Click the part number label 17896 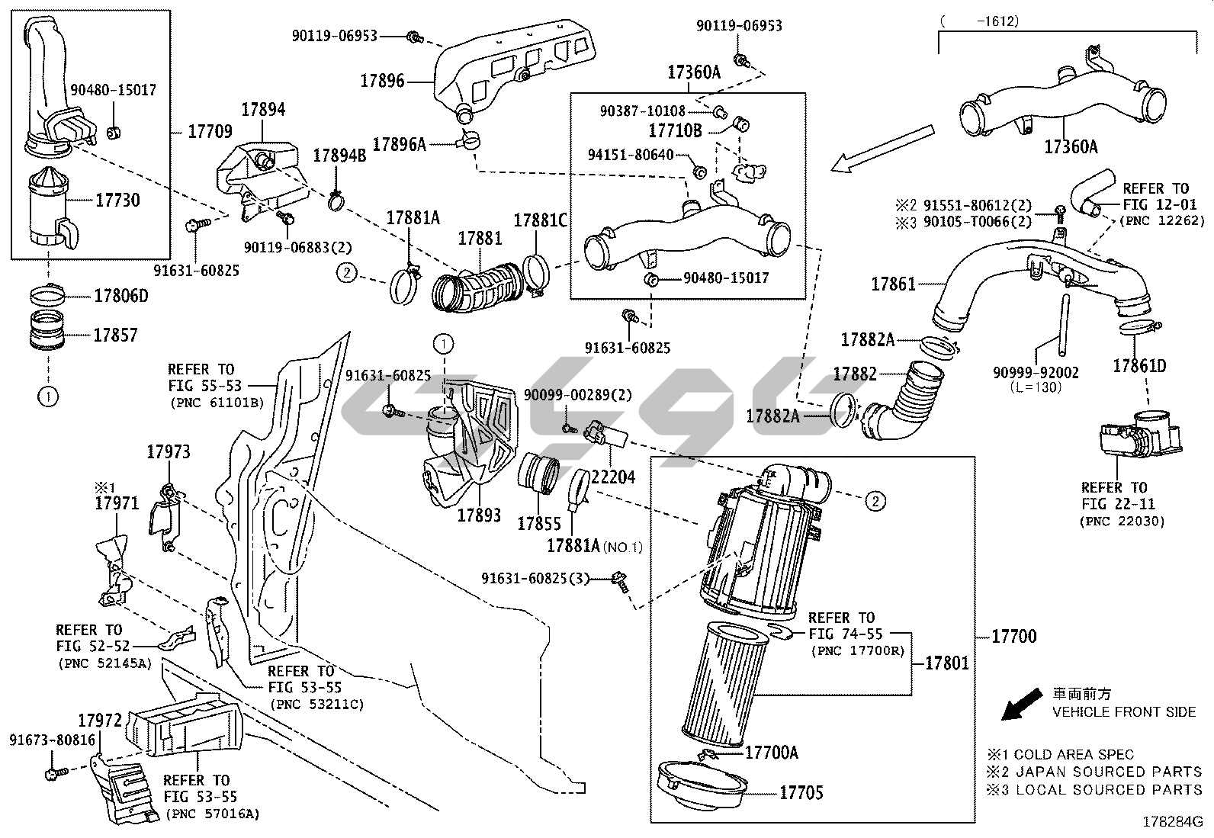click(x=383, y=81)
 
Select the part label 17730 click(x=117, y=201)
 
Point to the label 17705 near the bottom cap click(x=801, y=793)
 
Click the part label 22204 click(x=613, y=477)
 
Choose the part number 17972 click(x=100, y=721)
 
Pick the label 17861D click(x=1139, y=366)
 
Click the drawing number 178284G click(x=1172, y=823)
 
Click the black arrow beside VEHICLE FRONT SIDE click(x=1021, y=704)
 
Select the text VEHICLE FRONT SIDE click(x=1124, y=712)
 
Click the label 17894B click(x=340, y=156)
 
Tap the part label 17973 click(x=169, y=452)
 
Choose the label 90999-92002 click(x=1036, y=373)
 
